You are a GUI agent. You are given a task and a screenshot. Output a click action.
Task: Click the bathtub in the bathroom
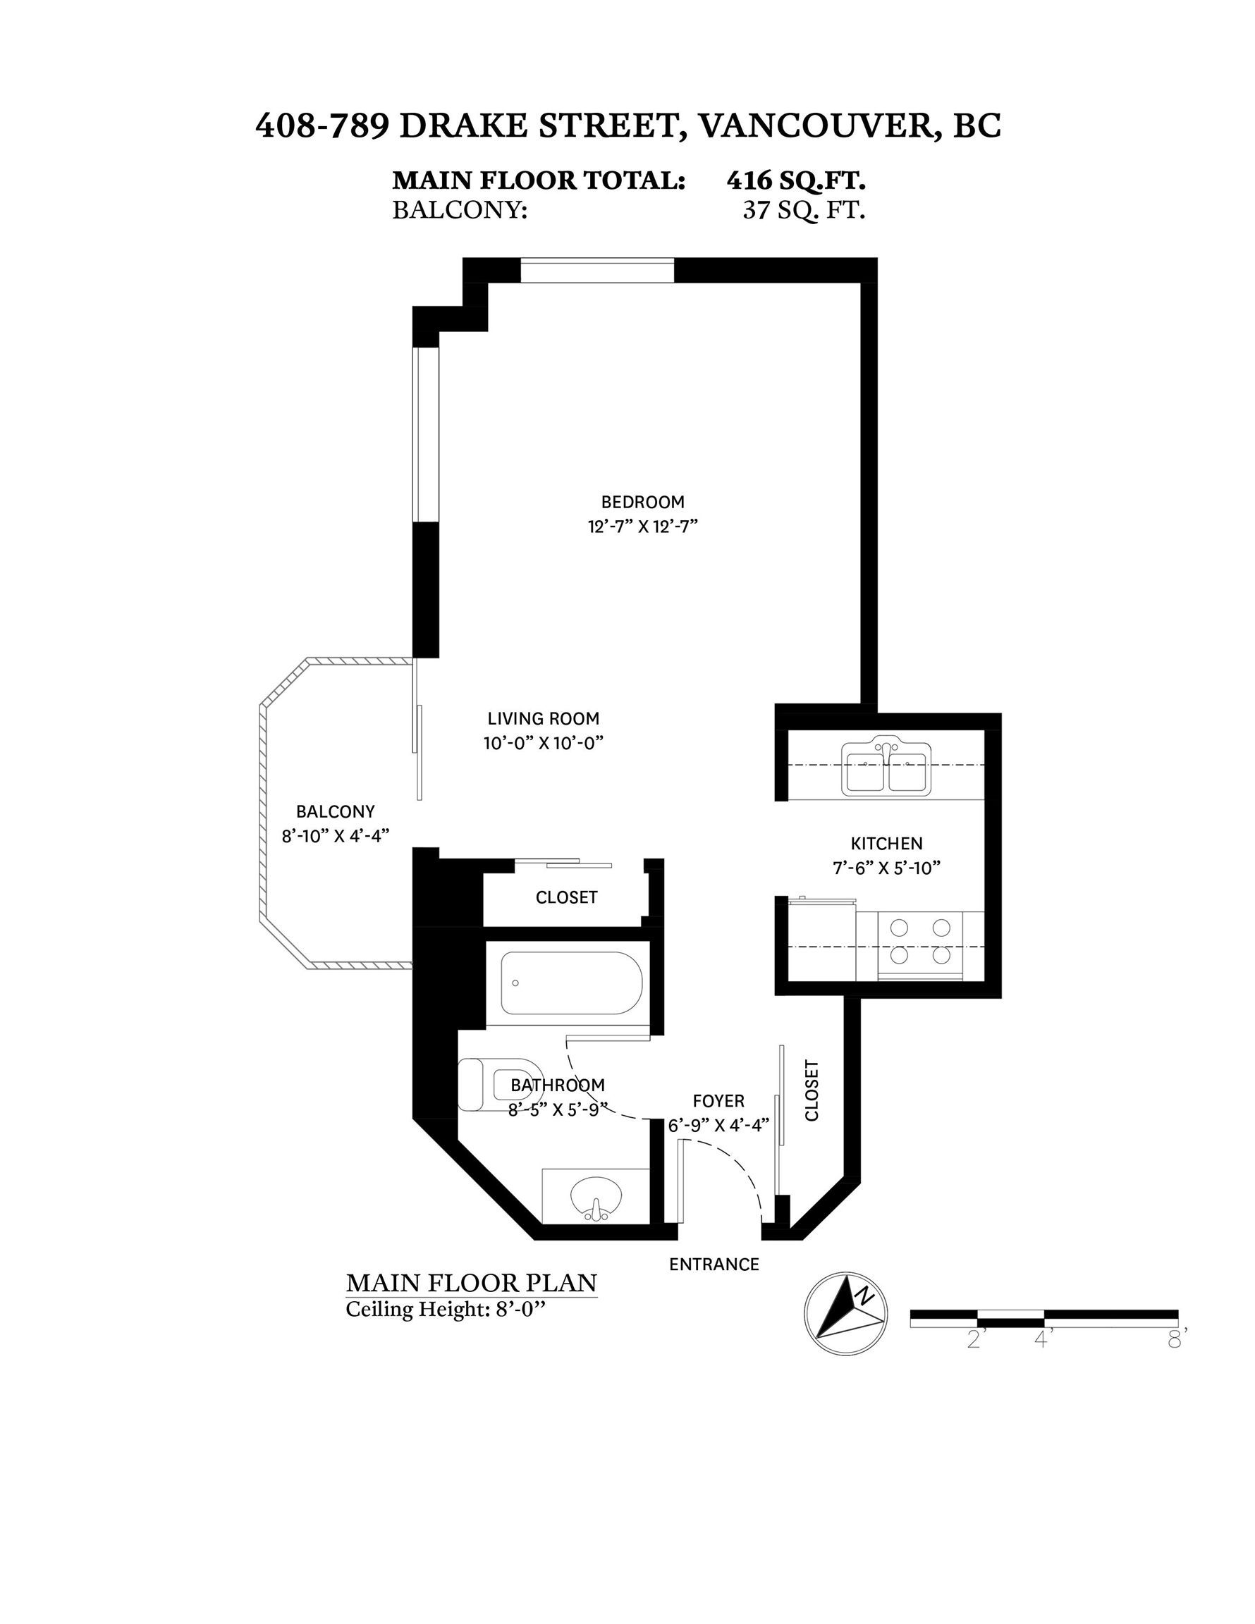point(570,983)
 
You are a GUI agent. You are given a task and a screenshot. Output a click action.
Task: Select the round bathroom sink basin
point(596,1196)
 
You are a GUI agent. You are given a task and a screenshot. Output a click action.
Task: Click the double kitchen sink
point(886,767)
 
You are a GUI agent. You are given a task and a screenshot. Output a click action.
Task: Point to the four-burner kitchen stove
point(920,946)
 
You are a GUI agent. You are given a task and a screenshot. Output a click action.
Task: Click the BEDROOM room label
point(643,502)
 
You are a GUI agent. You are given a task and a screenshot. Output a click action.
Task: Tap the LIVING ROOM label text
point(543,718)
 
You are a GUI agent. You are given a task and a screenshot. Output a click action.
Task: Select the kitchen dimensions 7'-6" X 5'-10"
point(887,868)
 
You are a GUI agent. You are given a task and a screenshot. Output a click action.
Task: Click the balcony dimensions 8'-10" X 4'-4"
point(336,836)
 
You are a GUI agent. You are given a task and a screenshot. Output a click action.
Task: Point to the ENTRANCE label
point(714,1264)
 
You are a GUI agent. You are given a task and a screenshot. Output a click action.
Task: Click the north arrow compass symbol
point(846,1313)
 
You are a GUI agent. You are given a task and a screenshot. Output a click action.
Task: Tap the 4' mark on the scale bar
point(1043,1339)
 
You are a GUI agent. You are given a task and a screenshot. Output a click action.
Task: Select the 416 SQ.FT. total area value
point(796,180)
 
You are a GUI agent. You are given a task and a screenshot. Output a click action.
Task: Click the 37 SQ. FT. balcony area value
point(804,211)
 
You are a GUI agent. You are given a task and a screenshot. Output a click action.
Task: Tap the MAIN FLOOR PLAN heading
point(472,1283)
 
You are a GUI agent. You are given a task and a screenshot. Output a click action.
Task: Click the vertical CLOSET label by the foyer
point(812,1090)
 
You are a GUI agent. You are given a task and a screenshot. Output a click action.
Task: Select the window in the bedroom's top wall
point(597,270)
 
